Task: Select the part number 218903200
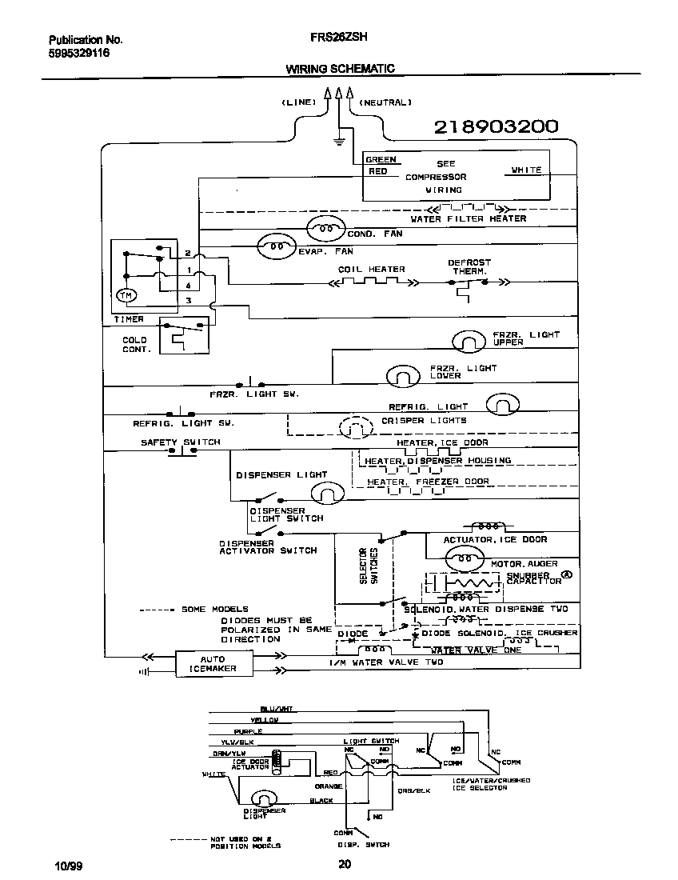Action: pos(496,126)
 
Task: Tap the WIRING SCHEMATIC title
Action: pos(340,69)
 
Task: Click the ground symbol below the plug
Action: pos(339,142)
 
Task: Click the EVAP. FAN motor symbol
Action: pos(274,246)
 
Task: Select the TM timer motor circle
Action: pos(126,296)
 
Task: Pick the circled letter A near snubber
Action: pos(567,574)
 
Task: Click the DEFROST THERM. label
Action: pos(469,266)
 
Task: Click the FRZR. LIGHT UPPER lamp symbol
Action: pos(469,342)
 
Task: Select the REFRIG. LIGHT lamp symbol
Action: pos(503,405)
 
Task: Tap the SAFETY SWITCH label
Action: pos(180,442)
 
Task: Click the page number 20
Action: pos(344,863)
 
